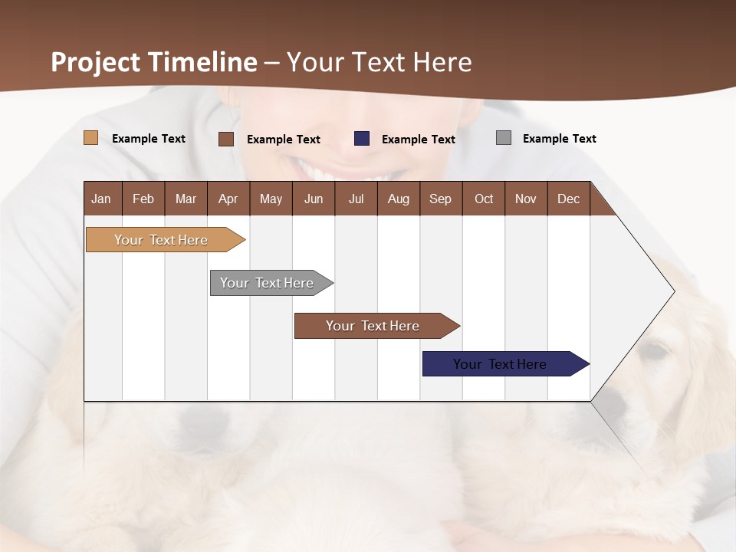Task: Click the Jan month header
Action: click(x=101, y=199)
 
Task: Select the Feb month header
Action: click(x=143, y=199)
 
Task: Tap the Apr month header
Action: click(x=228, y=199)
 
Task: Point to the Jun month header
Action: click(x=314, y=199)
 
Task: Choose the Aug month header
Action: click(x=398, y=199)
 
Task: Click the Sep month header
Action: click(x=440, y=199)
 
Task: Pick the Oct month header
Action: click(x=484, y=199)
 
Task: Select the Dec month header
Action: click(x=568, y=199)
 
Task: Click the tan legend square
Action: click(x=91, y=138)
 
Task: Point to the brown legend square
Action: click(x=226, y=139)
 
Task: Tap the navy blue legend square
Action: click(x=362, y=138)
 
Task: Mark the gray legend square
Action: click(x=504, y=138)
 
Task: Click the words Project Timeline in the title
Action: click(x=154, y=62)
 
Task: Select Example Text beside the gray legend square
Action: click(x=559, y=139)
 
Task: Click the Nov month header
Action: click(x=526, y=199)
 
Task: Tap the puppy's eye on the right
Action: click(x=654, y=351)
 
